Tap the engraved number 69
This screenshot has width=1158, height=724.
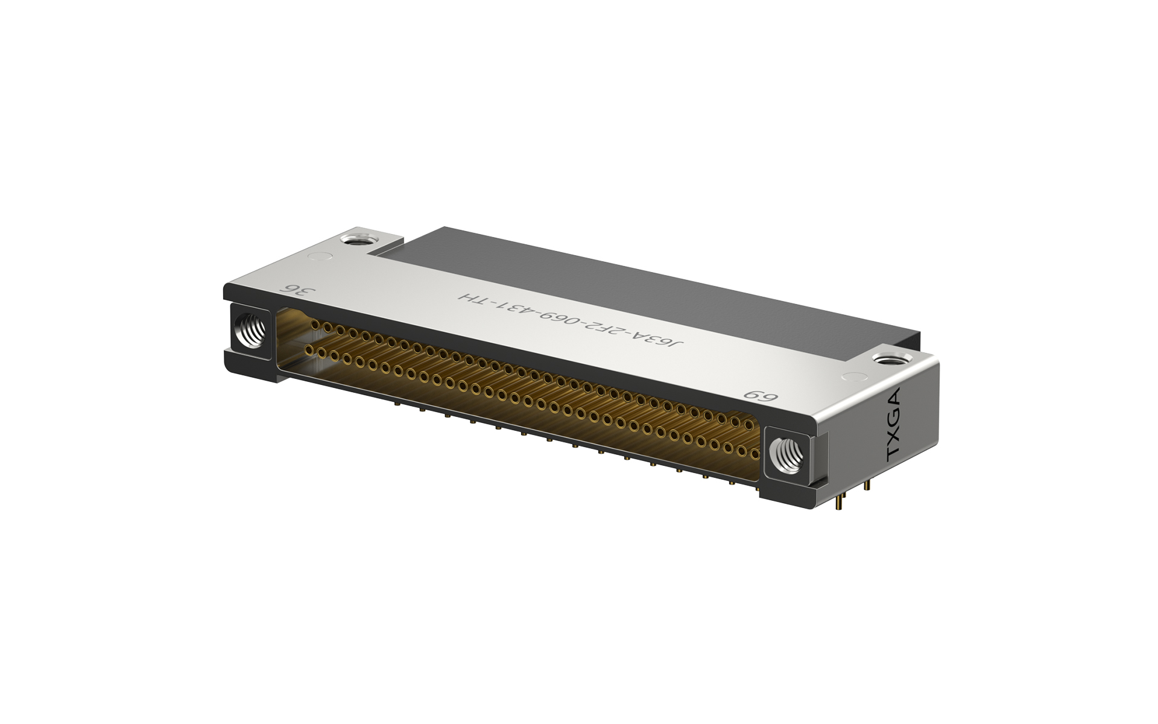coord(761,395)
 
